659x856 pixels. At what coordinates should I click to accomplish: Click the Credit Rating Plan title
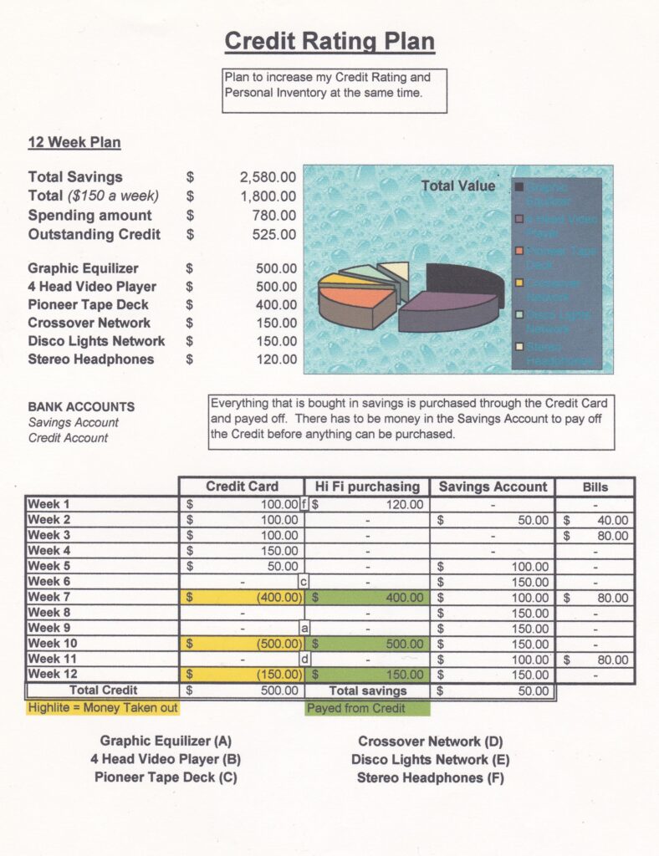click(x=329, y=41)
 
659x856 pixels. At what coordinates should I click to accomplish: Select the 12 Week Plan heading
click(x=74, y=142)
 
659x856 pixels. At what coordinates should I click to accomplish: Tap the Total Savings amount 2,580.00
click(x=268, y=177)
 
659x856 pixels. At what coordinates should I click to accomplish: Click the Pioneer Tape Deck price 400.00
click(x=276, y=305)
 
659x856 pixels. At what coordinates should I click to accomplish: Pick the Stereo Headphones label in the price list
click(x=91, y=359)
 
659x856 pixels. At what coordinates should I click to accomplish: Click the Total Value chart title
click(x=457, y=186)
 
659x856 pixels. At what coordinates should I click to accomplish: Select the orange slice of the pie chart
click(x=354, y=296)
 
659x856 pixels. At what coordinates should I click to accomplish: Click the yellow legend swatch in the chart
click(x=519, y=283)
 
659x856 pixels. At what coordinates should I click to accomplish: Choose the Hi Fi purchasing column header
click(x=367, y=487)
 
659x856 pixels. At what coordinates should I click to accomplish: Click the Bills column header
click(x=595, y=487)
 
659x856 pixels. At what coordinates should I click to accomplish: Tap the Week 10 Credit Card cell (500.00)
click(x=243, y=644)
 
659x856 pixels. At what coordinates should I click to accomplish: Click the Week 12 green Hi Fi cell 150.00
click(x=368, y=675)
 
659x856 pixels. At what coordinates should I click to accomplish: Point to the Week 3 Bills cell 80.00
click(x=595, y=535)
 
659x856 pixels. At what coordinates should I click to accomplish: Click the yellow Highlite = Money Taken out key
click(x=103, y=708)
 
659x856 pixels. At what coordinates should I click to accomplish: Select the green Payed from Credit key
click(x=367, y=708)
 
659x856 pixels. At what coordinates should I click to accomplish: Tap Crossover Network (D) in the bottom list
click(x=430, y=741)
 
